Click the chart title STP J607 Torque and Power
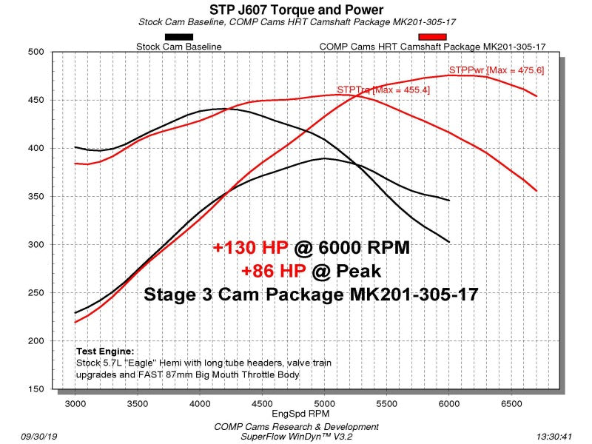click(x=297, y=10)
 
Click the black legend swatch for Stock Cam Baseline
click(x=179, y=37)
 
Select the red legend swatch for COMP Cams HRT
click(x=432, y=37)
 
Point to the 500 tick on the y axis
click(x=36, y=52)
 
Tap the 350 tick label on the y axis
click(x=36, y=196)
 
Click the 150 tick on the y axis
click(x=36, y=389)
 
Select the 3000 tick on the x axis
click(x=75, y=403)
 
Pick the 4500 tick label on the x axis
click(x=262, y=403)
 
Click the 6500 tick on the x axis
click(x=511, y=403)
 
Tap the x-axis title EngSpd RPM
click(x=300, y=414)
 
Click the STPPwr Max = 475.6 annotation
click(x=496, y=70)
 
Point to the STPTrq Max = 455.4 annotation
click(x=383, y=90)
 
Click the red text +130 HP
click(x=250, y=248)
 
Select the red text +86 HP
click(x=274, y=271)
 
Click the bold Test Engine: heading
click(x=105, y=351)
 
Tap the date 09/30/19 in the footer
click(x=39, y=437)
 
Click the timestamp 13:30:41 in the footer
click(x=554, y=437)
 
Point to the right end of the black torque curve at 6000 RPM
click(x=449, y=242)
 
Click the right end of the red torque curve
click(x=536, y=191)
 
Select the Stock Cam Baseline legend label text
click(x=179, y=47)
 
